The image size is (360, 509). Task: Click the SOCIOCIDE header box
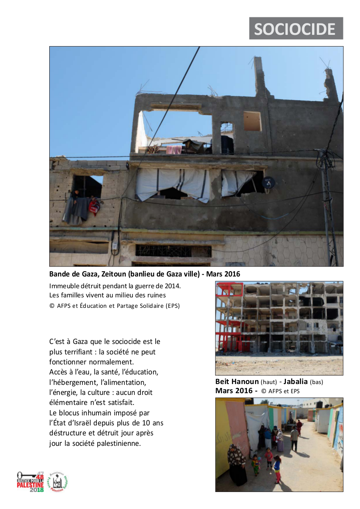pos(296,29)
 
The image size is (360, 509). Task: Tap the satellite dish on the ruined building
pos(269,183)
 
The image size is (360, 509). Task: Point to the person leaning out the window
pos(76,196)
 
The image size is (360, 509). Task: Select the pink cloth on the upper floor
pos(174,149)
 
